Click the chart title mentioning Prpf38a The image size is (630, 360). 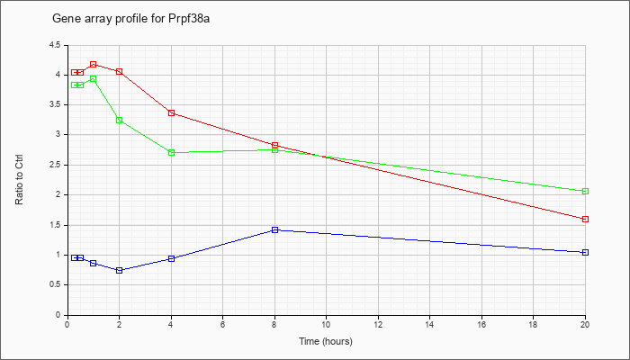[131, 19]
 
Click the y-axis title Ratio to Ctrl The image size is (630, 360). [19, 179]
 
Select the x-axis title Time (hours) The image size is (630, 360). [326, 341]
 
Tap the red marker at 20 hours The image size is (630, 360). [585, 219]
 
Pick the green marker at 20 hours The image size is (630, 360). [585, 191]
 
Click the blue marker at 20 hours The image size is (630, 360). [585, 252]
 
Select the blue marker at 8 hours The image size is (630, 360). [274, 229]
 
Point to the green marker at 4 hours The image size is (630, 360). [172, 153]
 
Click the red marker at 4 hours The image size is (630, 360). [172, 112]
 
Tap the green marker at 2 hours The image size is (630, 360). [120, 120]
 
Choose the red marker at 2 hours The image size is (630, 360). [120, 71]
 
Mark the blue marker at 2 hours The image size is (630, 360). [120, 270]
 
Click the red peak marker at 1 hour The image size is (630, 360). [94, 64]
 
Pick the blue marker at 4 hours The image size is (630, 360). [172, 259]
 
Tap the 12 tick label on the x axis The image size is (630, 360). [378, 324]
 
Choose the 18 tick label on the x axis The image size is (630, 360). [533, 324]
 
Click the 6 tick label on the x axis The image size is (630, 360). [223, 324]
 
